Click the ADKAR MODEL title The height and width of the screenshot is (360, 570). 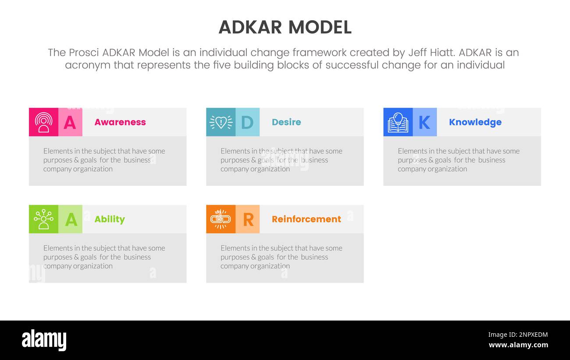pyautogui.click(x=285, y=27)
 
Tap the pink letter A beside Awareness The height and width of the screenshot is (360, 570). pyautogui.click(x=70, y=122)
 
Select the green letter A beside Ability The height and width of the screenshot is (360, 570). pyautogui.click(x=71, y=219)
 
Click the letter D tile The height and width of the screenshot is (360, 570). pyautogui.click(x=247, y=122)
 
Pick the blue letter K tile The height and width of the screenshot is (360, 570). pyautogui.click(x=424, y=122)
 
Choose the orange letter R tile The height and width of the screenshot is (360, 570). pyautogui.click(x=248, y=219)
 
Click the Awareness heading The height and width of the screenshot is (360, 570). pyautogui.click(x=120, y=122)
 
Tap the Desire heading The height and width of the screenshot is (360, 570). pyautogui.click(x=286, y=122)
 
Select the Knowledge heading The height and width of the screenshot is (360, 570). pyautogui.click(x=475, y=122)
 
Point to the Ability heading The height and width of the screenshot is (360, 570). pyautogui.click(x=110, y=219)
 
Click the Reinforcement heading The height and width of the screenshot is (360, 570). pyautogui.click(x=306, y=219)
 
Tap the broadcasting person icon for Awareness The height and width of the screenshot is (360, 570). pyautogui.click(x=43, y=122)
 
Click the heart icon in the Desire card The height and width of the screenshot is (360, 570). pyautogui.click(x=221, y=122)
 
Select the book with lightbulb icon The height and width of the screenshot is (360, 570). pyautogui.click(x=398, y=122)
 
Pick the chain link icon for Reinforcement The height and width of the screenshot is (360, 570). pyautogui.click(x=221, y=219)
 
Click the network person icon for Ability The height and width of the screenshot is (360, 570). pyautogui.click(x=43, y=219)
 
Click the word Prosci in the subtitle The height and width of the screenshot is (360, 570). pyautogui.click(x=84, y=53)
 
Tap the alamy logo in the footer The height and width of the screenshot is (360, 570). pyautogui.click(x=44, y=340)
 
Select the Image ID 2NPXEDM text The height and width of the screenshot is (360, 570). pyautogui.click(x=518, y=335)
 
